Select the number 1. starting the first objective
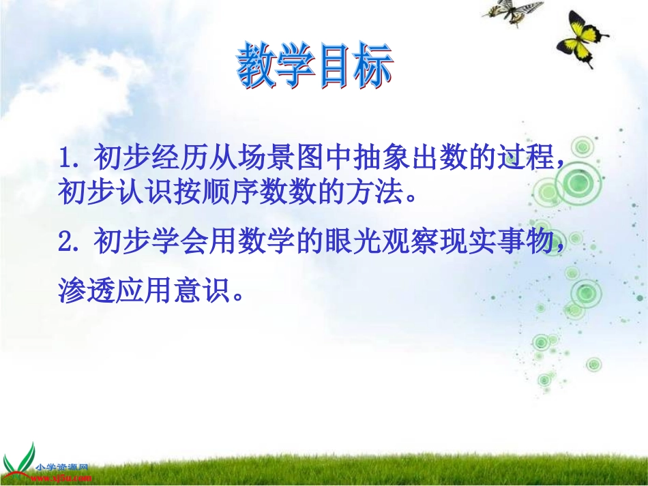71,160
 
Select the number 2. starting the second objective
71,242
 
